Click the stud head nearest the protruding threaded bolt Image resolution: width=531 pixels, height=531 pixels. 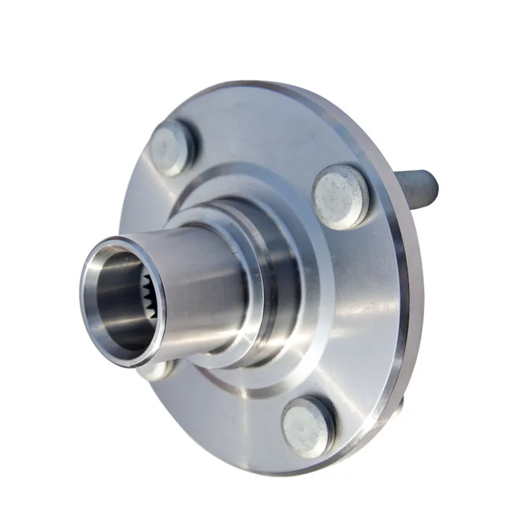click(x=341, y=196)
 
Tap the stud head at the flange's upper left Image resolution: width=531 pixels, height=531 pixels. click(x=173, y=146)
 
